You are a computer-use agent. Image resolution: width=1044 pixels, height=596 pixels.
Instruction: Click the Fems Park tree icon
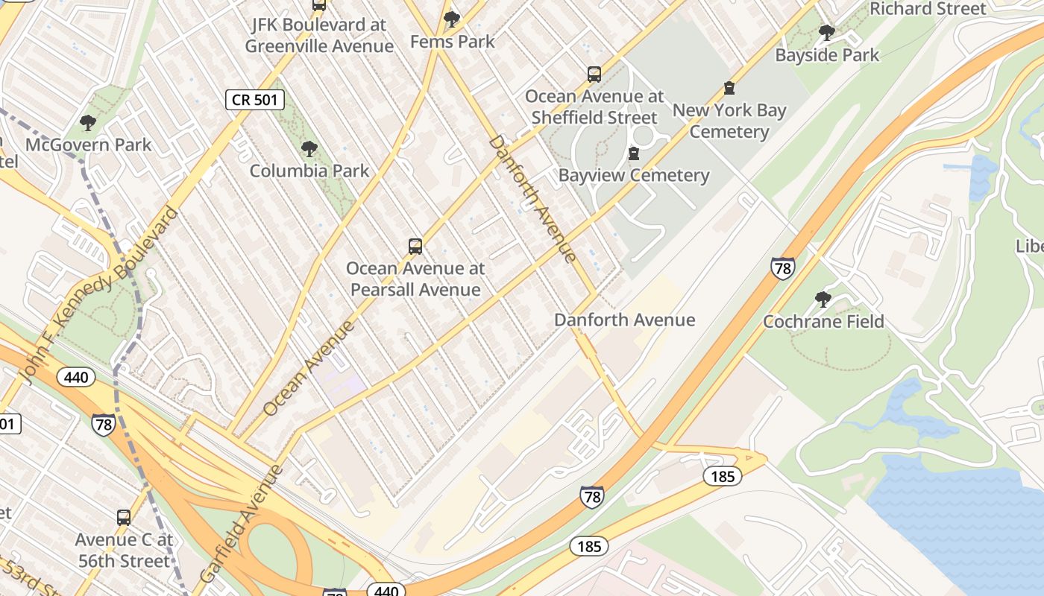point(451,19)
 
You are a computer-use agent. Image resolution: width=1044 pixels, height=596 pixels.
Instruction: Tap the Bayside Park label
point(827,55)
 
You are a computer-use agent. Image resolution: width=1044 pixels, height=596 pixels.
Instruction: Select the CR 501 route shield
point(255,100)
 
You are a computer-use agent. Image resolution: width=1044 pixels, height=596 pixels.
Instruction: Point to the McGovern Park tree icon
point(88,123)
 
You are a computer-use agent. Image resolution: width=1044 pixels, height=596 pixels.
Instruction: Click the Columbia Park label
point(309,171)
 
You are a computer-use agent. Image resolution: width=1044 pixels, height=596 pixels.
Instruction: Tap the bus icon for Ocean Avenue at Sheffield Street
point(594,74)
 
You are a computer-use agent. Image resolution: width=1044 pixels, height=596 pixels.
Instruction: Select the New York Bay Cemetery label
point(729,121)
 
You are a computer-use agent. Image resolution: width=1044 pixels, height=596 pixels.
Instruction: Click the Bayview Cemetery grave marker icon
point(634,153)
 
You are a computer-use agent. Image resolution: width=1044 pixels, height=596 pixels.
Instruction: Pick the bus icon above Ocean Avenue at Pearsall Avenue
point(415,247)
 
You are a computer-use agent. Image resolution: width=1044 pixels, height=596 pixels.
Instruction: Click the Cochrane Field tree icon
point(823,299)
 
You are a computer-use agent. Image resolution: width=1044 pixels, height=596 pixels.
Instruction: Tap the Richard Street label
point(928,9)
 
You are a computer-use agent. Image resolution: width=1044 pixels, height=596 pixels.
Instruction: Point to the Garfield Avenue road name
point(242,524)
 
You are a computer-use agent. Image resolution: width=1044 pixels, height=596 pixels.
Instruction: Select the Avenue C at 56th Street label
point(124,551)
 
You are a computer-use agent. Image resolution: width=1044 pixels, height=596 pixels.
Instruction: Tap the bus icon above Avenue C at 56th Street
point(124,517)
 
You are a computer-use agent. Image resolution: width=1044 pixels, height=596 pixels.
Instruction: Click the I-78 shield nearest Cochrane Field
point(782,268)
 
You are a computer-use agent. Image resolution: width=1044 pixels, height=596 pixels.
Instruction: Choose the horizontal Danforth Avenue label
point(624,320)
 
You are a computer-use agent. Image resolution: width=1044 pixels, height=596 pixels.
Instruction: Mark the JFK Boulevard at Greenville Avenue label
point(319,35)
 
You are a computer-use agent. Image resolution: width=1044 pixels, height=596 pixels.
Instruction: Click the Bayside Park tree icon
point(826,33)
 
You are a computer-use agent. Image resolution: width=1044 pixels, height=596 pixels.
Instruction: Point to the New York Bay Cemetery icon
point(729,89)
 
